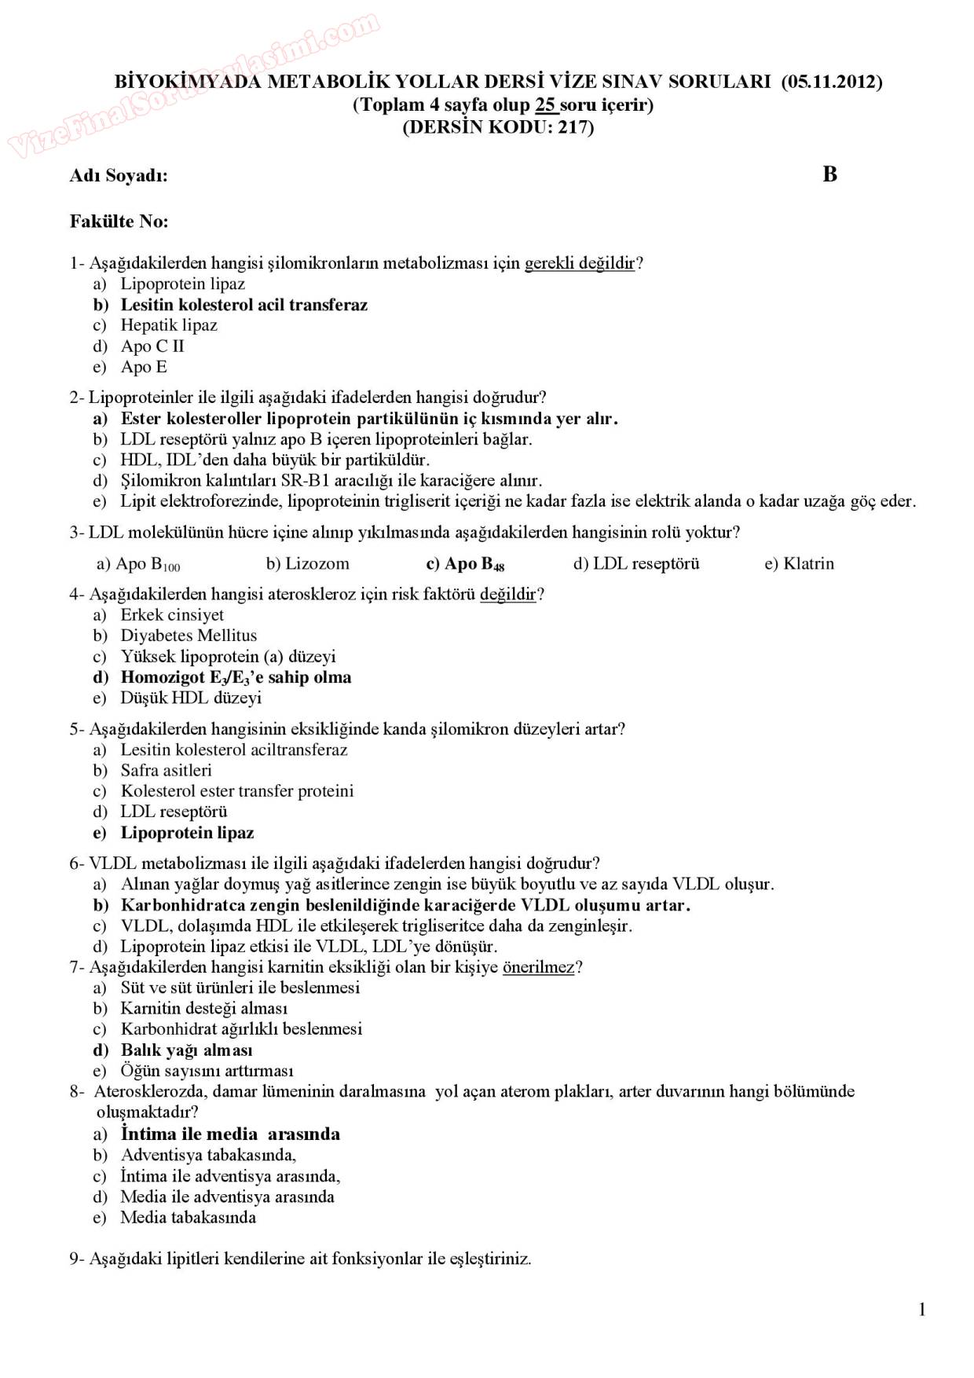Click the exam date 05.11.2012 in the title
(x=832, y=82)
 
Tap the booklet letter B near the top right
(x=830, y=174)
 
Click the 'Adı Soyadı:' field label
(x=119, y=176)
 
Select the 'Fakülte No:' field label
(x=119, y=222)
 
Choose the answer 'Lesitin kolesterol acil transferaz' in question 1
(x=243, y=305)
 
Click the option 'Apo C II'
(x=152, y=346)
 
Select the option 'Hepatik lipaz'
(x=169, y=325)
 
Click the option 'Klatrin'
(x=808, y=563)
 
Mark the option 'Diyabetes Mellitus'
(x=189, y=636)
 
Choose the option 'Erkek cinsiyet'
(x=172, y=615)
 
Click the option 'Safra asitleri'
(x=166, y=771)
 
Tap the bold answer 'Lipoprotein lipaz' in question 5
(x=187, y=833)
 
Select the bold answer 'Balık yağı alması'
(x=186, y=1050)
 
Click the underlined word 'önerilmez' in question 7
(x=538, y=967)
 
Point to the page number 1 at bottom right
(x=922, y=1309)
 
